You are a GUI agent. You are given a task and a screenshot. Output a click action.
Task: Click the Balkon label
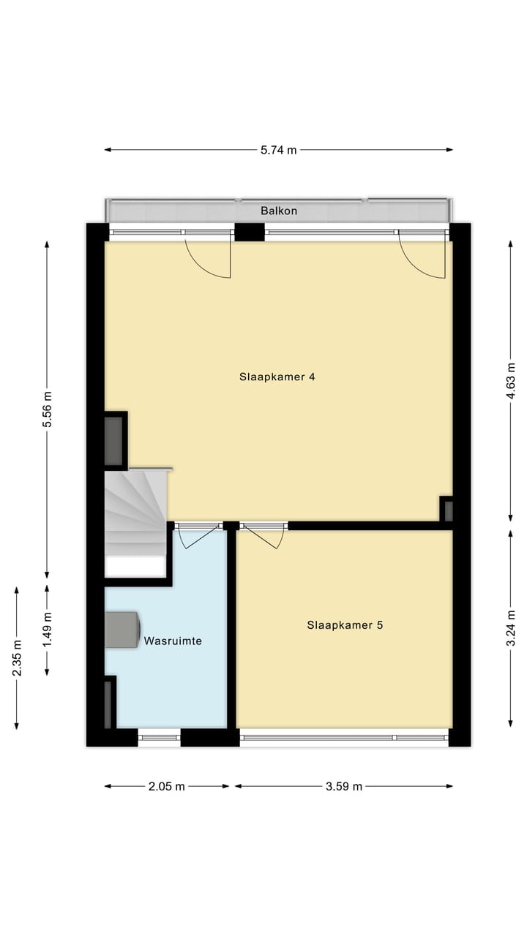click(x=279, y=211)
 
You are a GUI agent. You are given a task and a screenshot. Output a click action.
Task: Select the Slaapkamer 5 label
click(x=345, y=625)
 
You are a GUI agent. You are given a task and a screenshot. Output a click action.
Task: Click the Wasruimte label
click(x=173, y=641)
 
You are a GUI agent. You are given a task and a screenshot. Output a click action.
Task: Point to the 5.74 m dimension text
click(x=279, y=150)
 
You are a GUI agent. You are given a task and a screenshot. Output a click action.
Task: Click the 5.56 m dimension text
click(x=47, y=409)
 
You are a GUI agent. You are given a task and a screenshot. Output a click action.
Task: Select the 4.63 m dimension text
click(x=510, y=380)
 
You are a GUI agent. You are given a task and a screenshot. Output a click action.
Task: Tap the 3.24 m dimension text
click(x=510, y=628)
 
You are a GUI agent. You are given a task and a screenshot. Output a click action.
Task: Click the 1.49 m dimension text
click(x=47, y=629)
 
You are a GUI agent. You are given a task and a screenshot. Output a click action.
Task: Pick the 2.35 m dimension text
click(x=16, y=658)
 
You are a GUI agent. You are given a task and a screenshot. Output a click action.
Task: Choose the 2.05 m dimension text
click(x=167, y=787)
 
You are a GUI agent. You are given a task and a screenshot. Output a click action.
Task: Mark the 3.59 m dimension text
click(x=344, y=787)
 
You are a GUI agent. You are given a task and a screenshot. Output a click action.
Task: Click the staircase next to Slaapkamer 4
click(x=135, y=512)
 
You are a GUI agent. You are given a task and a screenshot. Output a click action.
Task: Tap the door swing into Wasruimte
click(x=195, y=536)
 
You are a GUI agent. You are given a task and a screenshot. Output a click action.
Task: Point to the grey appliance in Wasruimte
click(x=122, y=630)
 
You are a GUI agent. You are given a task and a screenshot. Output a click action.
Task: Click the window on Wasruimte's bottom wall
click(x=159, y=738)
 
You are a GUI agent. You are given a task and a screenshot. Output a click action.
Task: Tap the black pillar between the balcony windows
click(x=249, y=232)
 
